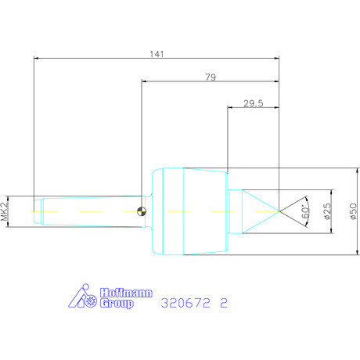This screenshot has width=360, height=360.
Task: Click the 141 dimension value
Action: [157, 54]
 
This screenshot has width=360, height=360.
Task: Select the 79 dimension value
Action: [211, 77]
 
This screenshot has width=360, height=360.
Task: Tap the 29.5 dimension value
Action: [254, 103]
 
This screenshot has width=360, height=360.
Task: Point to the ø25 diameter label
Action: [328, 211]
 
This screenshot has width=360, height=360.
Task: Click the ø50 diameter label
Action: [353, 211]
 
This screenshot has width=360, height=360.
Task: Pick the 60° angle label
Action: [305, 211]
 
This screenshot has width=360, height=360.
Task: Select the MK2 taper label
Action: [5, 211]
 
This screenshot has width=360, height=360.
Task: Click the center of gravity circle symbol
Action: [142, 211]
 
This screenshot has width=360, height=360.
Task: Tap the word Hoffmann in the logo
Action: [126, 293]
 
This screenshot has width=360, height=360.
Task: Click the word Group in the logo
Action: [117, 304]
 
